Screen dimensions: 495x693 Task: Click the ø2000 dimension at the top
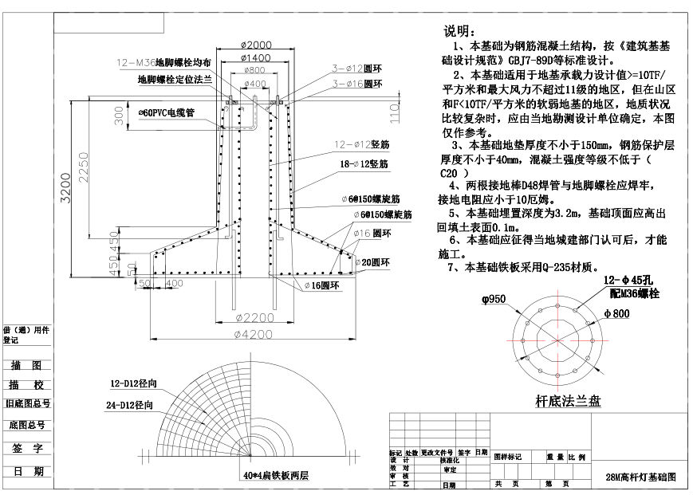(254, 45)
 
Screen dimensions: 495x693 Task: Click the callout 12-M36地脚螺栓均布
(164, 62)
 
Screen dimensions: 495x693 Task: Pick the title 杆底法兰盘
(568, 400)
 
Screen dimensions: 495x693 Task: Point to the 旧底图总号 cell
(27, 406)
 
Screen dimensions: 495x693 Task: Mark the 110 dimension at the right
(393, 116)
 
